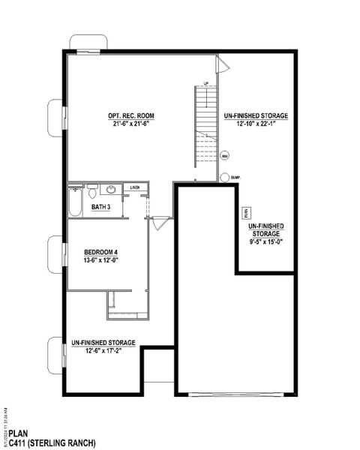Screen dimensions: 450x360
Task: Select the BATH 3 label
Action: pos(101,206)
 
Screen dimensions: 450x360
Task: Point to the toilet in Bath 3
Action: pos(92,191)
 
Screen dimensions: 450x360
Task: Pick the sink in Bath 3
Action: pos(110,190)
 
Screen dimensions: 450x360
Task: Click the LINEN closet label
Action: pos(135,187)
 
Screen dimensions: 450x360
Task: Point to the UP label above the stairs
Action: pos(205,82)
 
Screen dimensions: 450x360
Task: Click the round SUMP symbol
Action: pos(224,178)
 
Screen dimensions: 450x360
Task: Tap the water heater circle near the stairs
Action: pos(224,157)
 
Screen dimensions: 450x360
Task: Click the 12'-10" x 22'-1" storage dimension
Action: pos(256,124)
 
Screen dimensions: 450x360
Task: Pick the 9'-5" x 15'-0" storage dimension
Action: pos(266,241)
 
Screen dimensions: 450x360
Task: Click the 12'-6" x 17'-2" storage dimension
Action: pos(103,350)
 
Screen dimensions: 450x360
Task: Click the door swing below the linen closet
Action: pos(159,223)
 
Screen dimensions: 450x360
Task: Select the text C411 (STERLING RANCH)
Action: pos(52,443)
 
